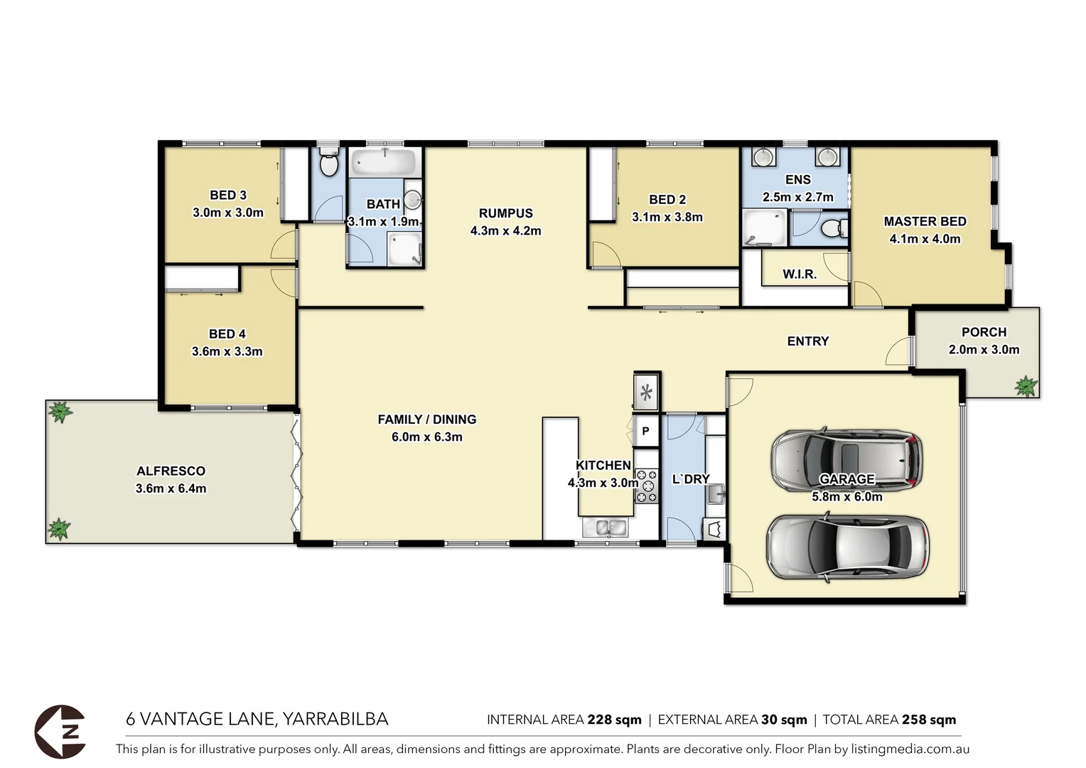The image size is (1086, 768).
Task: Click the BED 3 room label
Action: tap(227, 195)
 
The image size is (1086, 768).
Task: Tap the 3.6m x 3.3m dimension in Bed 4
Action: tap(227, 351)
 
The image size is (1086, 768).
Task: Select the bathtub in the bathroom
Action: tap(384, 164)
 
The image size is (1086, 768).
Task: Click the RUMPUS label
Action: tap(505, 213)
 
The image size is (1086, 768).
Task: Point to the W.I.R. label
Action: tap(800, 274)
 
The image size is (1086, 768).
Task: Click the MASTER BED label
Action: tap(925, 221)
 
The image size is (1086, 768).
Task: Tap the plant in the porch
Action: tap(1026, 386)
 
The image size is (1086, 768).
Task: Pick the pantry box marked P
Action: tap(646, 431)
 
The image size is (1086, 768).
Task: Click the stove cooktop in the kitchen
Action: tap(646, 486)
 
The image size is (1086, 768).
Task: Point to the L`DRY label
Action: tap(690, 479)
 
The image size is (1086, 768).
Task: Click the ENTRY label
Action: tap(807, 341)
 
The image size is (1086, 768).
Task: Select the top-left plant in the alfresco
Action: tap(60, 412)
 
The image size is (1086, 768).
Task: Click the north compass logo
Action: tap(60, 731)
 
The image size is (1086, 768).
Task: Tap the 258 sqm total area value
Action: tap(928, 720)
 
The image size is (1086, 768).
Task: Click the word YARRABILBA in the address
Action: tap(335, 719)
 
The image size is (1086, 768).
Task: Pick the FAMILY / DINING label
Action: tap(426, 420)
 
